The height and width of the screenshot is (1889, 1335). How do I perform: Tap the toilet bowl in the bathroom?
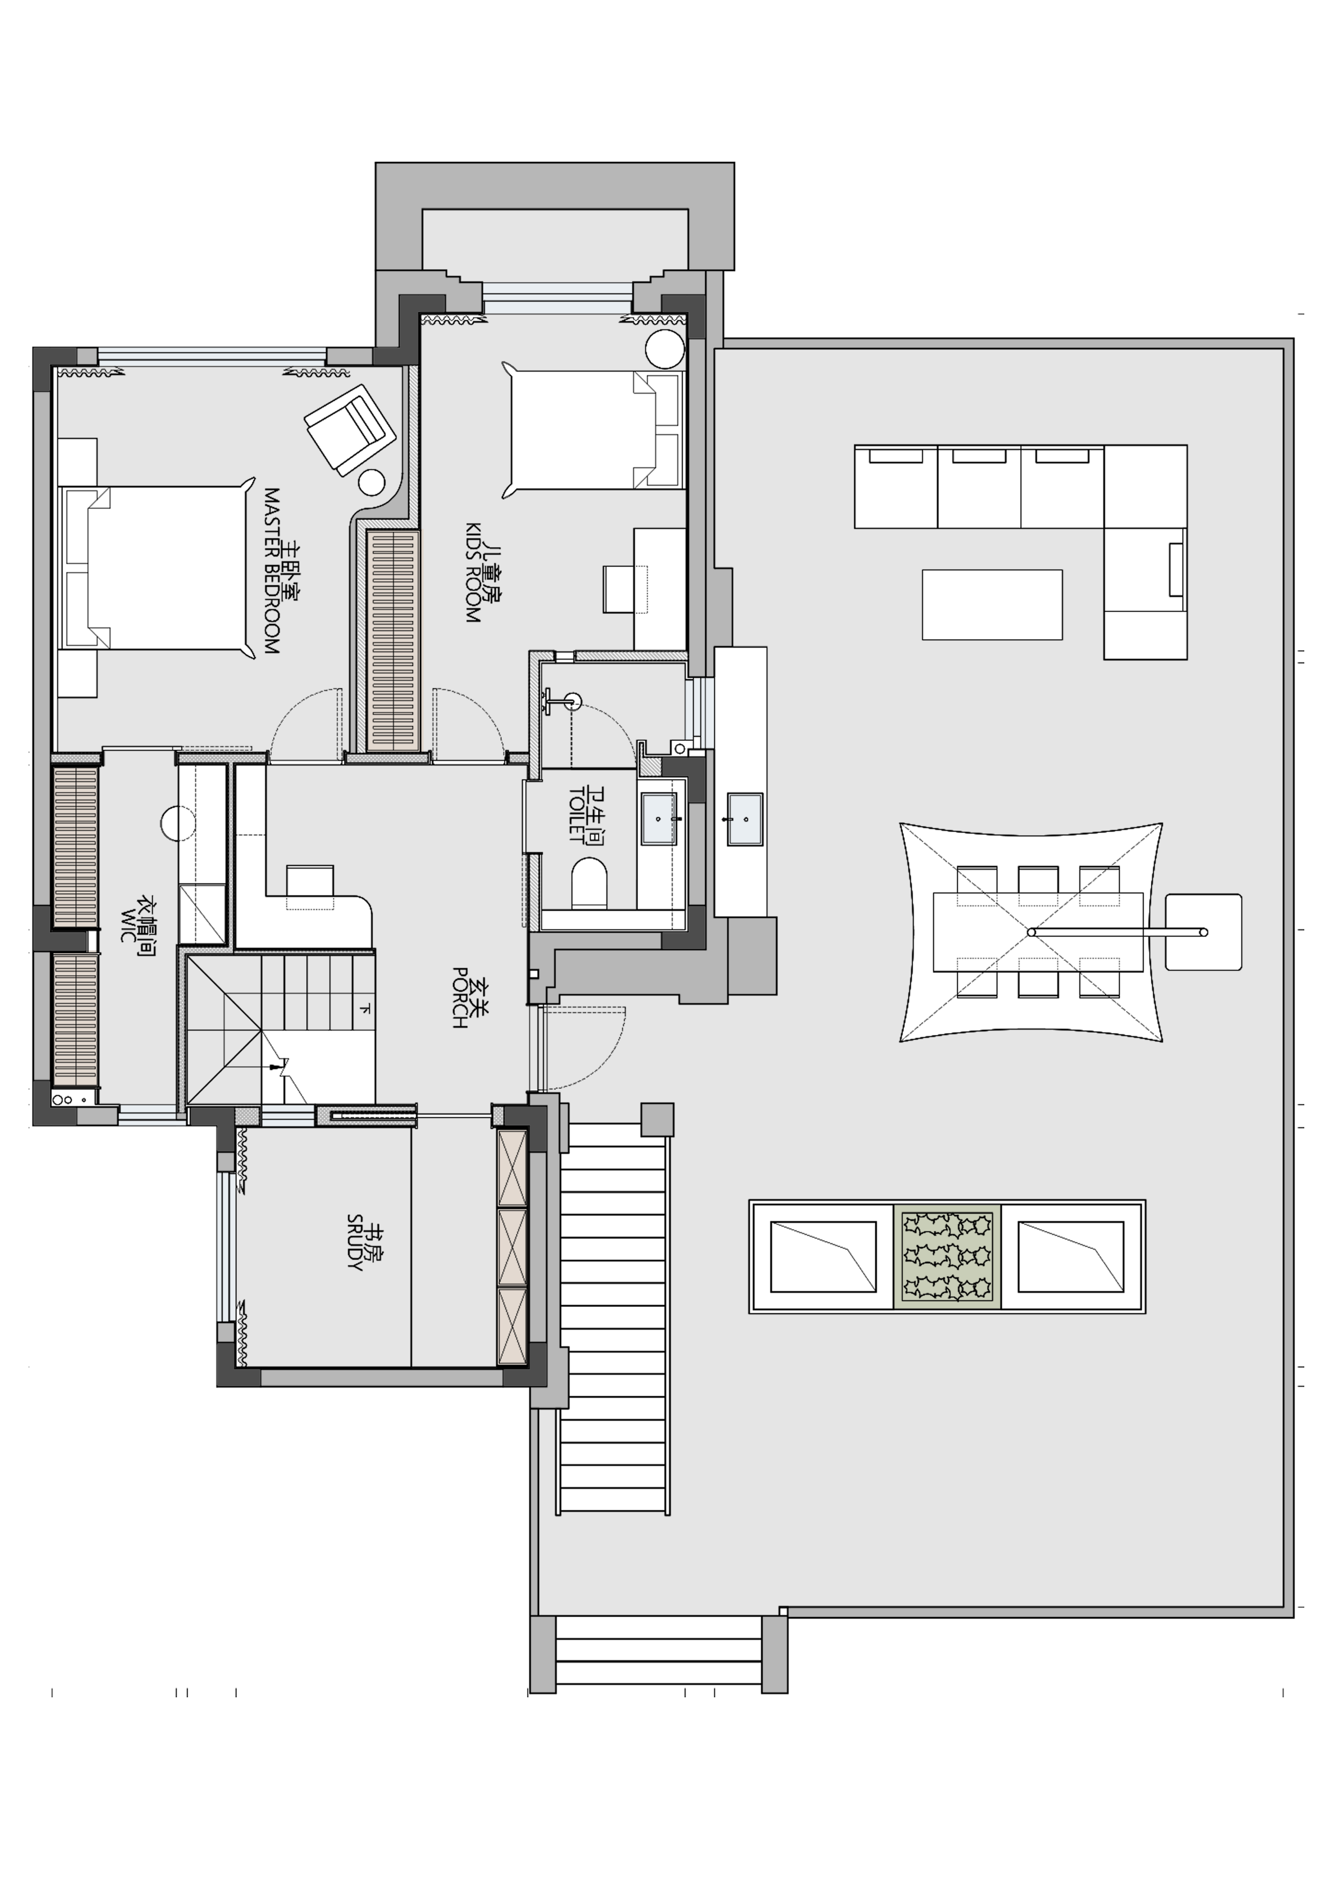(x=589, y=883)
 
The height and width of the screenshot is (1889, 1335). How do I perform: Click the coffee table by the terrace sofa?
(x=992, y=605)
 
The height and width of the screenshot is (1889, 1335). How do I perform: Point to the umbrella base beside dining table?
(x=1204, y=932)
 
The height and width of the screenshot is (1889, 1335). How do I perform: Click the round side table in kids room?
(x=665, y=349)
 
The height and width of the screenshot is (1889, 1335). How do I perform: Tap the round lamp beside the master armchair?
(x=372, y=482)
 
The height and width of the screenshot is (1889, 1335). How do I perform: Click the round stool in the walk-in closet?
(x=177, y=823)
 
